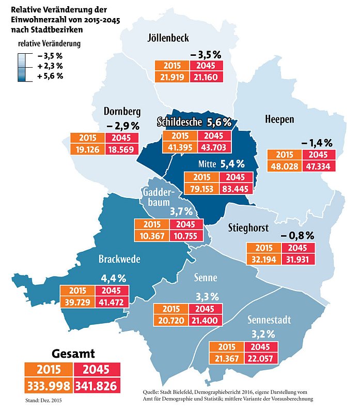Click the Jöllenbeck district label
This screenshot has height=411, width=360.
(168, 38)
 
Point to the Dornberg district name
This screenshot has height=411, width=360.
(122, 112)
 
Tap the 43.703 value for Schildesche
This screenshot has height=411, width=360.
(213, 147)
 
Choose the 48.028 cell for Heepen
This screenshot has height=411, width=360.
(284, 166)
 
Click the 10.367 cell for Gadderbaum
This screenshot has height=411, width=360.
(151, 236)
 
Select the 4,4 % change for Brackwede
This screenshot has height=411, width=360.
(114, 278)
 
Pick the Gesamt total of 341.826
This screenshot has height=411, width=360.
(98, 386)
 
